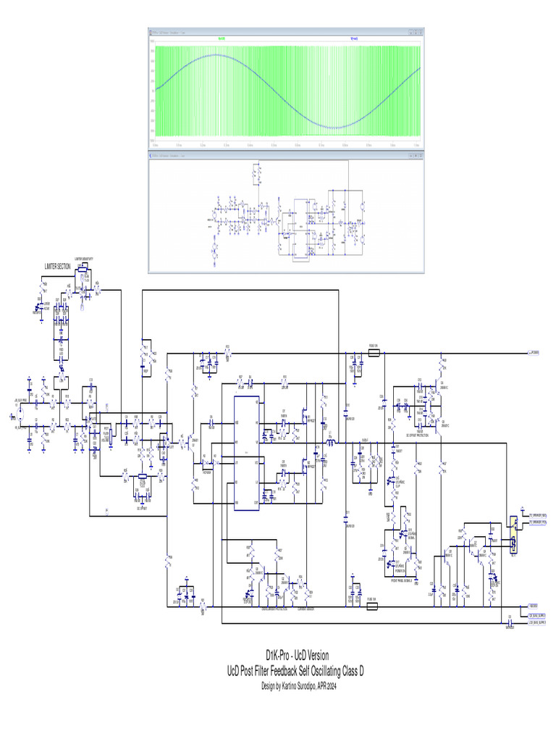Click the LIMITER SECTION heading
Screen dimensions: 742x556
(57, 267)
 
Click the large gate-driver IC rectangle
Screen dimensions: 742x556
(246, 453)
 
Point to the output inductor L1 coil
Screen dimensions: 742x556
(331, 441)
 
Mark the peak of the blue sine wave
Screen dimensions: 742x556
(215, 54)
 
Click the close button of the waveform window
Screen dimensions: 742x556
(420, 31)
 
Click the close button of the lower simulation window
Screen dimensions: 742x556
(420, 154)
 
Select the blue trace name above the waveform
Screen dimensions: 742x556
(353, 38)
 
